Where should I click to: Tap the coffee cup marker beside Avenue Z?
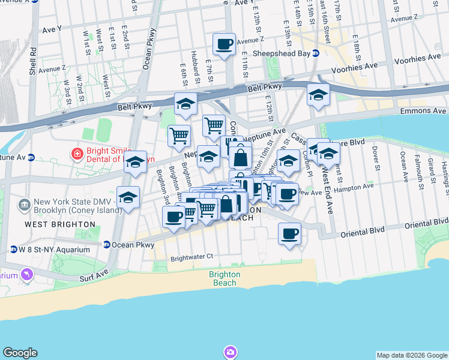click(224, 44)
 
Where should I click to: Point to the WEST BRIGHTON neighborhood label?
click(59, 224)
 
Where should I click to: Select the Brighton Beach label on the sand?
click(224, 278)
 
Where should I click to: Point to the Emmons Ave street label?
click(429, 111)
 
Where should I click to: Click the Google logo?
click(20, 353)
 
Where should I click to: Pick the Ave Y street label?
click(52, 29)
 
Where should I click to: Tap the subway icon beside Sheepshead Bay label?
click(315, 52)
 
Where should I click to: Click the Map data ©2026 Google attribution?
click(412, 355)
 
